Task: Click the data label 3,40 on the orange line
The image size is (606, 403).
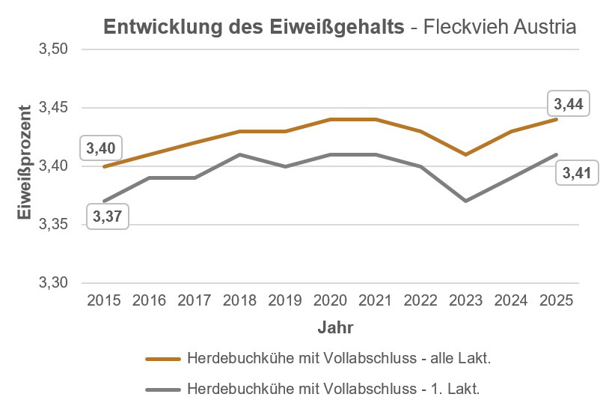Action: (100, 148)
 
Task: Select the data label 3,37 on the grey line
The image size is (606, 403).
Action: (108, 217)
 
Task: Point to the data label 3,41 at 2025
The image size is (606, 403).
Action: (573, 174)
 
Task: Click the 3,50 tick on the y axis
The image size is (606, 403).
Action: (53, 49)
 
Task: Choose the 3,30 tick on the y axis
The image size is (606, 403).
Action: (53, 283)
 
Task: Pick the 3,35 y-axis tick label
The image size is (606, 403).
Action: (53, 225)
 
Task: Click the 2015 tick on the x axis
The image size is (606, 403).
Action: (104, 301)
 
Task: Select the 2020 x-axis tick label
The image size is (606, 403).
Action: (329, 301)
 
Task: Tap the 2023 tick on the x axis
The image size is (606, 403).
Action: (465, 301)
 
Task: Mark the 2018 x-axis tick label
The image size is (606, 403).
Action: (239, 301)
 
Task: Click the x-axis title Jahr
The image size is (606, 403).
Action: (335, 327)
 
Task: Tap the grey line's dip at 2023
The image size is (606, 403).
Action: (465, 201)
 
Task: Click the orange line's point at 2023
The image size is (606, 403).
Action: (465, 154)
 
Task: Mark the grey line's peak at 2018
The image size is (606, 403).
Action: (239, 154)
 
